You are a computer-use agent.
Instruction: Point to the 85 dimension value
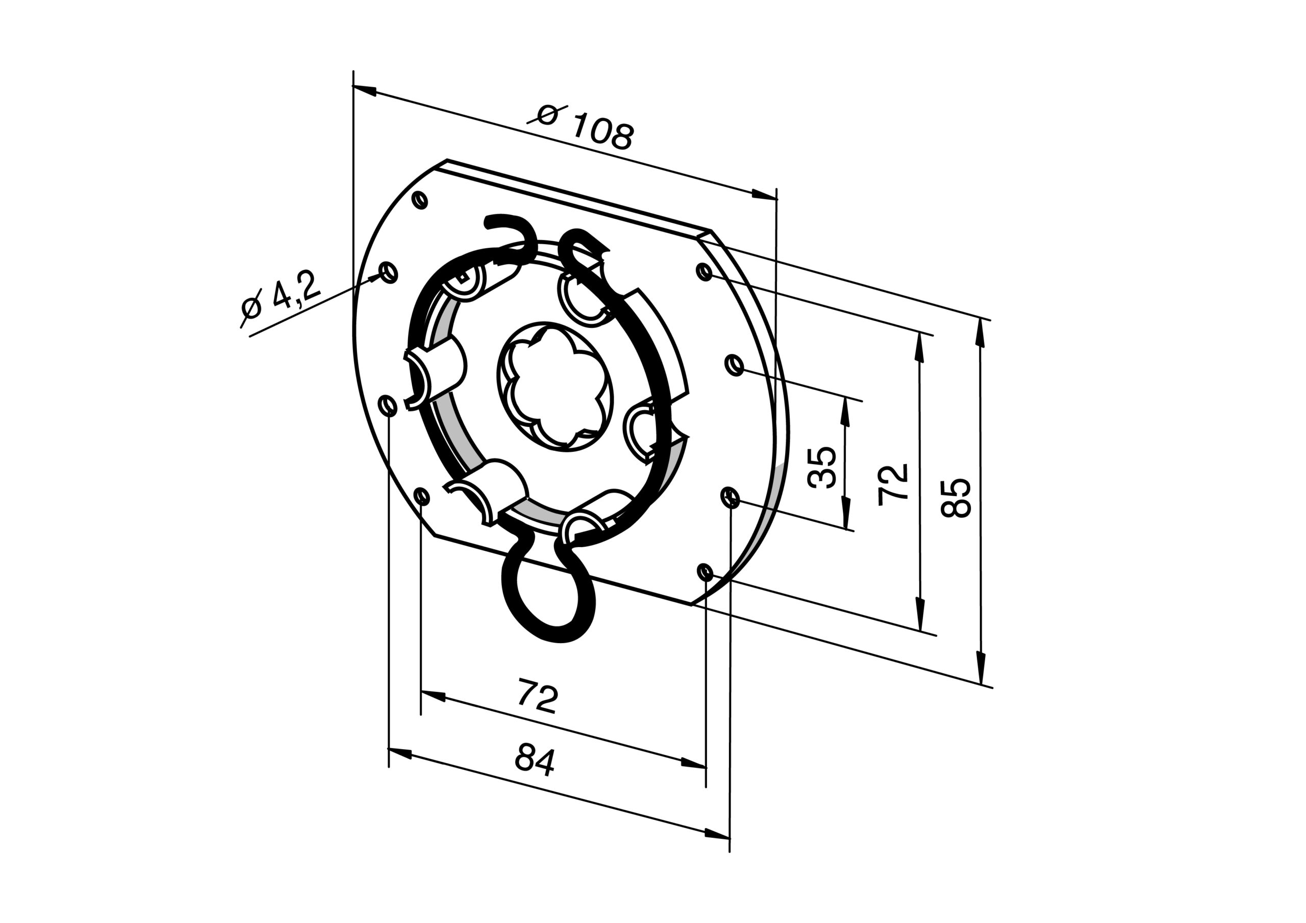pyautogui.click(x=956, y=498)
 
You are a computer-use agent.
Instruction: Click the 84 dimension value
pyautogui.click(x=535, y=759)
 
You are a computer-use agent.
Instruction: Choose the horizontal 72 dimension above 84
pyautogui.click(x=538, y=696)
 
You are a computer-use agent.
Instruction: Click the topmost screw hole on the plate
pyautogui.click(x=420, y=200)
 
